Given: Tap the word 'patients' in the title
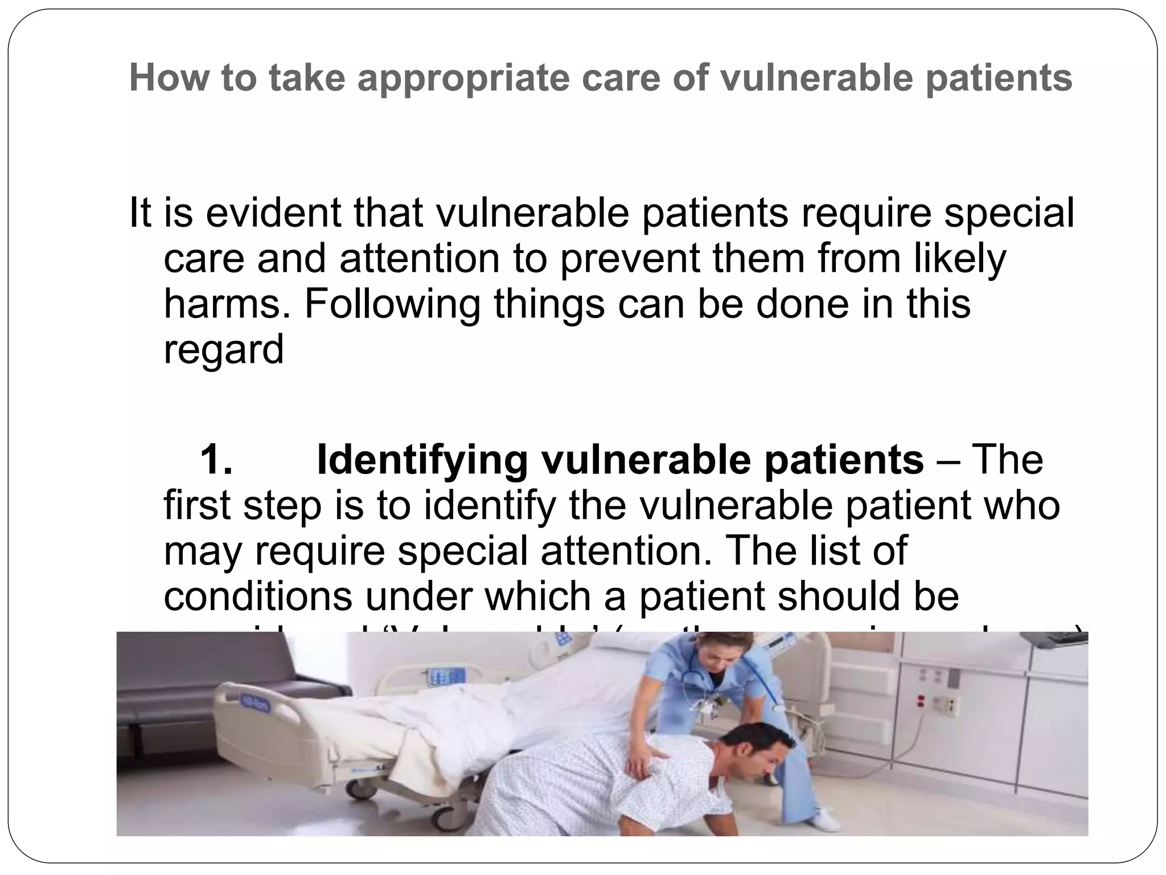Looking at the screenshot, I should pyautogui.click(x=999, y=78).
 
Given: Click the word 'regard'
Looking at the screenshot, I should pyautogui.click(x=223, y=349).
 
